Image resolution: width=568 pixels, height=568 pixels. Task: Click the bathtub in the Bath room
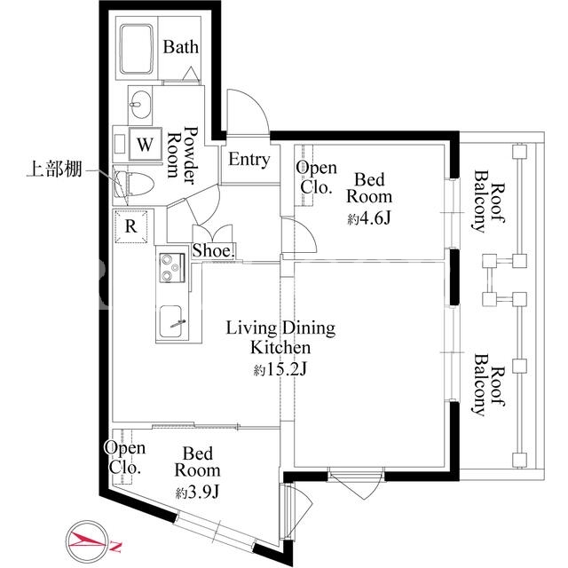[x=137, y=49]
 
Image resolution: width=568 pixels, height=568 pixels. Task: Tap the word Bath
[x=180, y=47]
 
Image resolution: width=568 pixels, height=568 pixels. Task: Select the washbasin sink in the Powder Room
[x=140, y=105]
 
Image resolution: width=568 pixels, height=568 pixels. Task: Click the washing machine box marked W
[x=145, y=144]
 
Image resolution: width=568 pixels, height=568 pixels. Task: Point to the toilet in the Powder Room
[x=134, y=185]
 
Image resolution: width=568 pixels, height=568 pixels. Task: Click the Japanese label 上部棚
[x=54, y=170]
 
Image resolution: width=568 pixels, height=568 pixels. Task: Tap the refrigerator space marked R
[x=131, y=226]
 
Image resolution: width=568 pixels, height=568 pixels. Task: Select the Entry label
[x=249, y=160]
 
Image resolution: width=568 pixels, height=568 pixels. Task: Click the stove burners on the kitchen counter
[x=171, y=268]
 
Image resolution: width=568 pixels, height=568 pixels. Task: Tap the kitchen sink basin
[x=172, y=321]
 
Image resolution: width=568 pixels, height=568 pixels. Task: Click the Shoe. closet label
[x=213, y=250]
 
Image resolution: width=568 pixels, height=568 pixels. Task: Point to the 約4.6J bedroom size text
[x=369, y=218]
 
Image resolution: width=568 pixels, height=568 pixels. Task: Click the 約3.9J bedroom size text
[x=197, y=493]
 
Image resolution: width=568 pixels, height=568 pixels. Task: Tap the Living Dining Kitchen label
[x=280, y=337]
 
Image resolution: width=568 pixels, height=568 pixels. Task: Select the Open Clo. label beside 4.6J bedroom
[x=316, y=177]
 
